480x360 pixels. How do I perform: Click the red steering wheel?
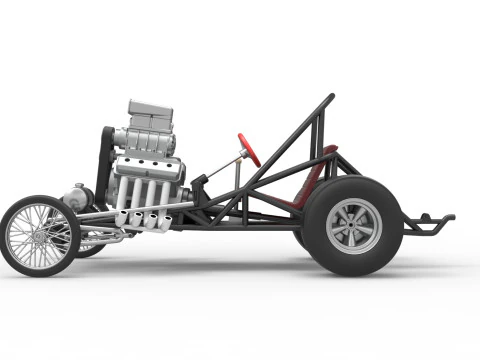[249, 149]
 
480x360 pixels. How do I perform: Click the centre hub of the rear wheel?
[353, 225]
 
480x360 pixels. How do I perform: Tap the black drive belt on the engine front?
[103, 165]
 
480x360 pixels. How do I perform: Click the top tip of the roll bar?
[331, 96]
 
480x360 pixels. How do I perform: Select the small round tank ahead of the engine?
[75, 197]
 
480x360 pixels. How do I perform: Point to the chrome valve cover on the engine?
[150, 168]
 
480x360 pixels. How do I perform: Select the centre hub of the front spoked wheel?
[39, 236]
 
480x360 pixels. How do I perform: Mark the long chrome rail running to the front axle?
[110, 213]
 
